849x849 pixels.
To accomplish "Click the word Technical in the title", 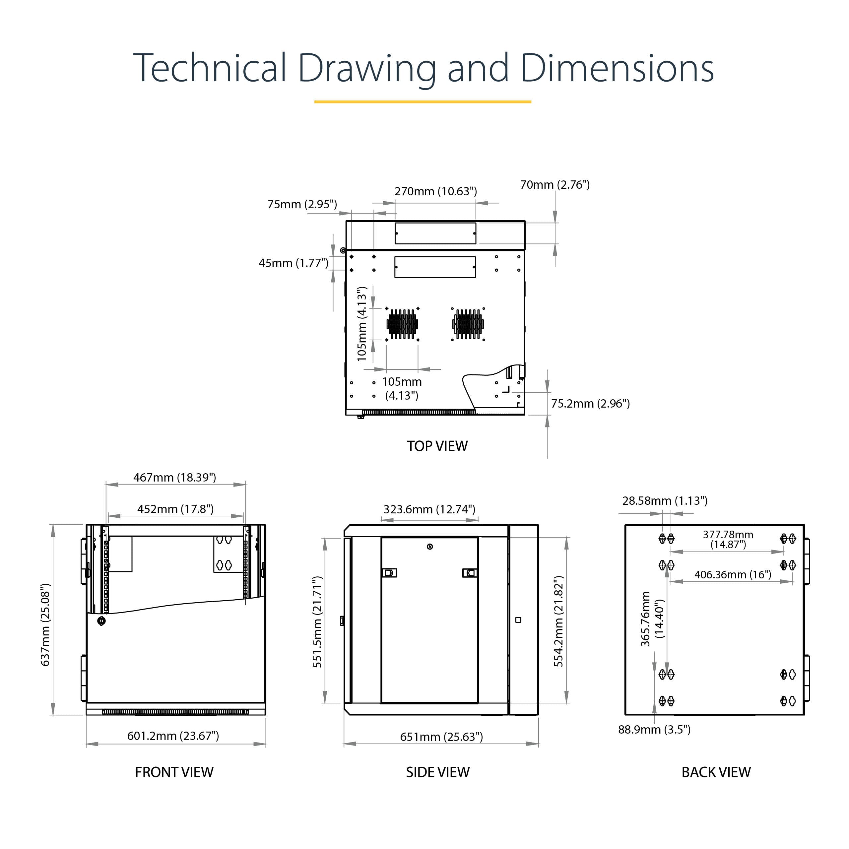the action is [x=210, y=68].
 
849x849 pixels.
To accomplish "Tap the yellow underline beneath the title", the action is [x=423, y=101].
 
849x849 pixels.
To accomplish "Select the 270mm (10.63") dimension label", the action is [x=435, y=192].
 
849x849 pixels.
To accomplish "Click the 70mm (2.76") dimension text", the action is [x=555, y=185].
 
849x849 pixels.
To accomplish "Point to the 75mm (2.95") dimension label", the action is [x=302, y=204].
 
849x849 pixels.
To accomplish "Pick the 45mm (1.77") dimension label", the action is [x=294, y=263].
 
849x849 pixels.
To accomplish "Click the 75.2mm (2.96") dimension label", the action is [x=591, y=404].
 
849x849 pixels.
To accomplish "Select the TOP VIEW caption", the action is [x=437, y=446].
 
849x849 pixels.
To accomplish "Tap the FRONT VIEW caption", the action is [x=174, y=772].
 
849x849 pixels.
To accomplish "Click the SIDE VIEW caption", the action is [x=438, y=772].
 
